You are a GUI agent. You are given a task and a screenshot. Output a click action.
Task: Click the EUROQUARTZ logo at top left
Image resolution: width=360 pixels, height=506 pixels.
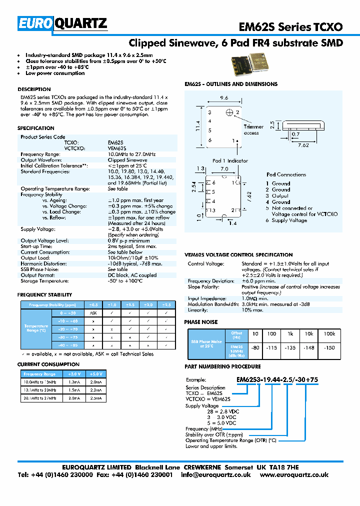(x=62, y=23)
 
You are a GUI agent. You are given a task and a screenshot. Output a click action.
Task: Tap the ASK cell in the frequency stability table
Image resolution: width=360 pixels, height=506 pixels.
(x=93, y=312)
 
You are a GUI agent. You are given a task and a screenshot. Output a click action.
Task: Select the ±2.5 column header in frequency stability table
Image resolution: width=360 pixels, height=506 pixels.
(x=167, y=304)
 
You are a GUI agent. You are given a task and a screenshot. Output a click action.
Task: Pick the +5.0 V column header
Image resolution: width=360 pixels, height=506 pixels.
(x=94, y=373)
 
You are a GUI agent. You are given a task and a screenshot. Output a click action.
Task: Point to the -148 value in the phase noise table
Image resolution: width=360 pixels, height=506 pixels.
(x=309, y=347)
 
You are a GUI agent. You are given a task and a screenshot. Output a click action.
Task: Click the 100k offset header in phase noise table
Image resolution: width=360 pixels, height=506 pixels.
(x=329, y=333)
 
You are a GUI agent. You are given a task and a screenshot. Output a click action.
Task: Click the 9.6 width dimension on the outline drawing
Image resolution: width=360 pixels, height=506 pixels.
(x=224, y=98)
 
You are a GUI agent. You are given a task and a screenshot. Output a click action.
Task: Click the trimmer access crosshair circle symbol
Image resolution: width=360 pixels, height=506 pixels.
(x=229, y=112)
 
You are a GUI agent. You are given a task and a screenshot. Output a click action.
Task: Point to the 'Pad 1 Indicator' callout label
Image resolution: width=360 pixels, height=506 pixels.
(x=230, y=160)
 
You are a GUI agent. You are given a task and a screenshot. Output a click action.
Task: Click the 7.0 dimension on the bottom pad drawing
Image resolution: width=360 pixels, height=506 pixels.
(x=224, y=169)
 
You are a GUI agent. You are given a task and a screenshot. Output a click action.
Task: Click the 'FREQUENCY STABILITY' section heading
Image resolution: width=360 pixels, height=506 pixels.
(x=45, y=295)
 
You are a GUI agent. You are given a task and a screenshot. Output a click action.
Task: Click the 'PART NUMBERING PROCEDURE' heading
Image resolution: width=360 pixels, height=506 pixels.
(x=222, y=366)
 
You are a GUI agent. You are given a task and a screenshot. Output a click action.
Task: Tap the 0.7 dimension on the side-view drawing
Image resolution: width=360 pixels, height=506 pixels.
(x=295, y=134)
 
